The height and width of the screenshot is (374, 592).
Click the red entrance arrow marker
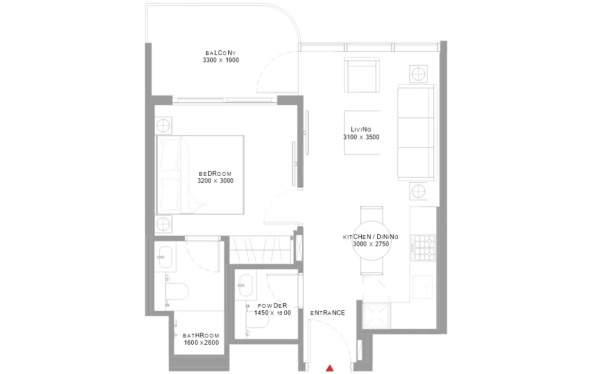[330, 368]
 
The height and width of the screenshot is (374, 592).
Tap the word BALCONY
[220, 53]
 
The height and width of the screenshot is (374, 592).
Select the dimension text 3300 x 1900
[220, 60]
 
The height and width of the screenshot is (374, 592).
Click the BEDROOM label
[215, 174]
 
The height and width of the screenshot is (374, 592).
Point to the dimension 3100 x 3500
[361, 137]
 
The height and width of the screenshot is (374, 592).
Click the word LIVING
[361, 129]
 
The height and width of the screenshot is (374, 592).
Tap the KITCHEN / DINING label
[371, 237]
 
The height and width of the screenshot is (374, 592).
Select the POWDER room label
[272, 306]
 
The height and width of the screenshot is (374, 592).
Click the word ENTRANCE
[328, 313]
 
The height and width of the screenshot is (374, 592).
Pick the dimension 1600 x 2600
[201, 343]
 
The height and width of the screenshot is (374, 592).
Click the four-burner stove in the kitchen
[423, 248]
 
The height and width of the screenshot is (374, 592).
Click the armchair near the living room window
[362, 75]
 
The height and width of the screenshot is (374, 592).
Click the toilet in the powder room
[257, 321]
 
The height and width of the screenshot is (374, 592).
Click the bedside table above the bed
[163, 125]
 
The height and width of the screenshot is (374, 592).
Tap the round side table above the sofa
[418, 73]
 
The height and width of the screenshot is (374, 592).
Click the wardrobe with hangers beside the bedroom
[261, 250]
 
